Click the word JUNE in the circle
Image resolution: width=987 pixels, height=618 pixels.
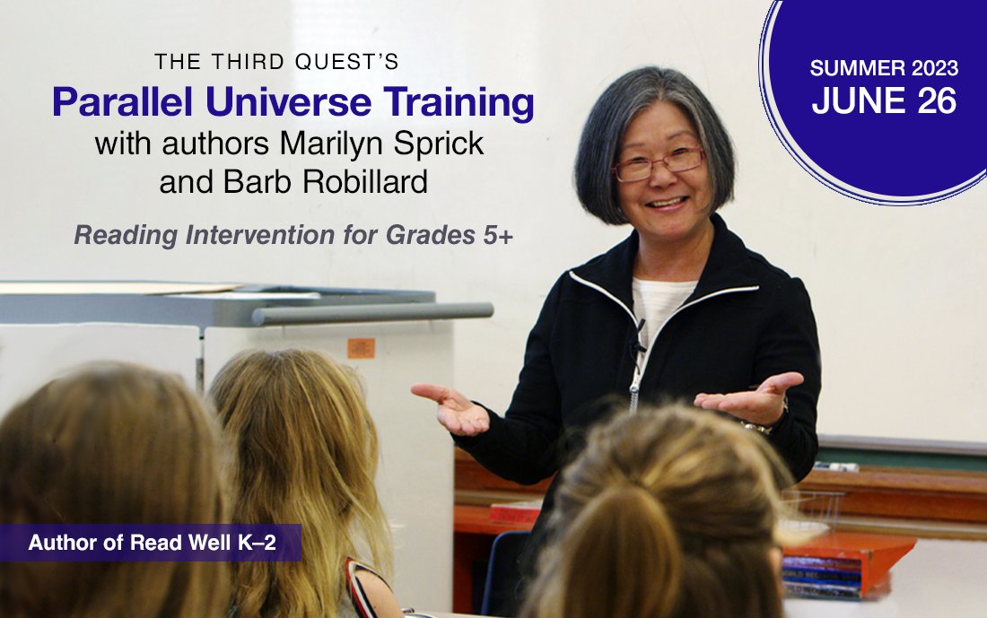[855, 101]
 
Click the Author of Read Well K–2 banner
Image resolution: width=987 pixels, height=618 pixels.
[151, 543]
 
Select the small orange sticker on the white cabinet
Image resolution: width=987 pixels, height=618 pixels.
[362, 347]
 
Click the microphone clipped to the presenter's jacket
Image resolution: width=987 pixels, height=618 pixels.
[640, 344]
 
